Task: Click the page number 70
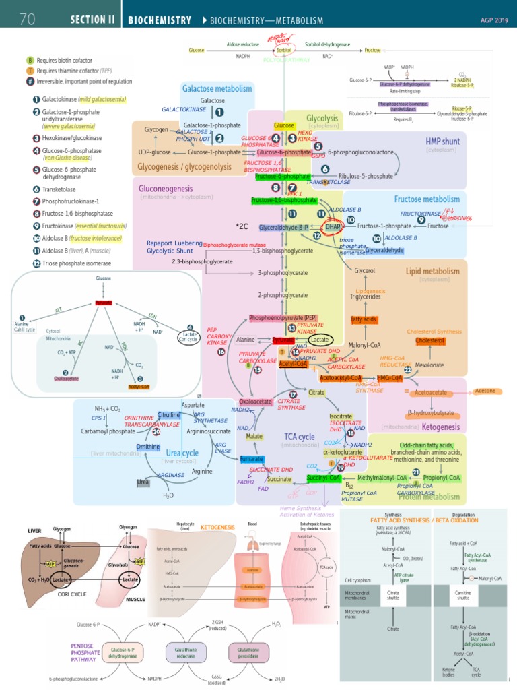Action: (27, 20)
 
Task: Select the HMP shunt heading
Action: (441, 141)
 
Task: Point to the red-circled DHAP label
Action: (333, 228)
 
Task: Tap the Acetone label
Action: (485, 391)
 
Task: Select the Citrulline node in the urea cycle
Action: (168, 415)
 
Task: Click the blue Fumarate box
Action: (251, 459)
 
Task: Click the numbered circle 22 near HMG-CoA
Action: (408, 370)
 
